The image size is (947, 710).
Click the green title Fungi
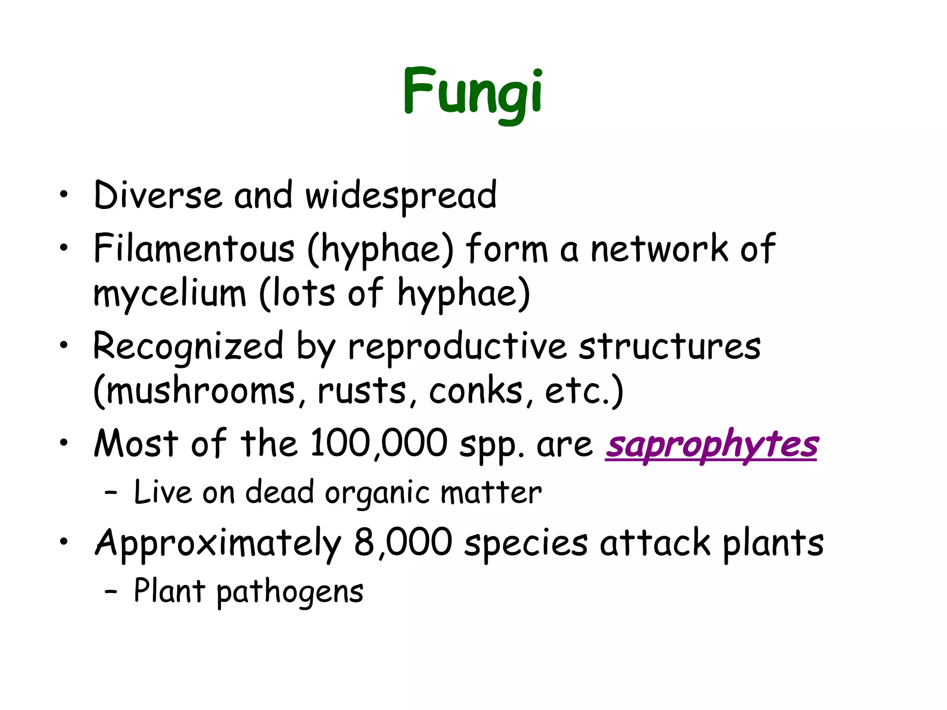pyautogui.click(x=473, y=92)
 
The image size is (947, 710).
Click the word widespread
pyautogui.click(x=401, y=196)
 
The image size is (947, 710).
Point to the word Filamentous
pyautogui.click(x=194, y=249)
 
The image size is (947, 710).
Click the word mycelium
pyautogui.click(x=170, y=294)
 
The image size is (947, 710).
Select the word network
pyautogui.click(x=660, y=249)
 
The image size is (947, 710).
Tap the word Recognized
pyautogui.click(x=188, y=347)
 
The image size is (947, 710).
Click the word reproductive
pyautogui.click(x=457, y=347)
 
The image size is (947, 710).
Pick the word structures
pyautogui.click(x=670, y=347)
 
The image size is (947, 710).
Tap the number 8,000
pyautogui.click(x=403, y=543)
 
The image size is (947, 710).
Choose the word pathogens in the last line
pyautogui.click(x=290, y=592)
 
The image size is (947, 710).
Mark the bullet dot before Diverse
pyautogui.click(x=63, y=195)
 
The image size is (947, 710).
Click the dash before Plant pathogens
pyautogui.click(x=111, y=591)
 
